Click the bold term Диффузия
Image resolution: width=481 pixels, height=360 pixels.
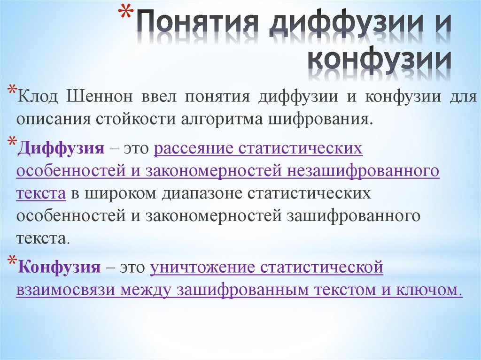click(61, 149)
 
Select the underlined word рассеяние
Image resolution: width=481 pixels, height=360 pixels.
click(194, 149)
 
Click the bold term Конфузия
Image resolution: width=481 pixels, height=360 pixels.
click(59, 268)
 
